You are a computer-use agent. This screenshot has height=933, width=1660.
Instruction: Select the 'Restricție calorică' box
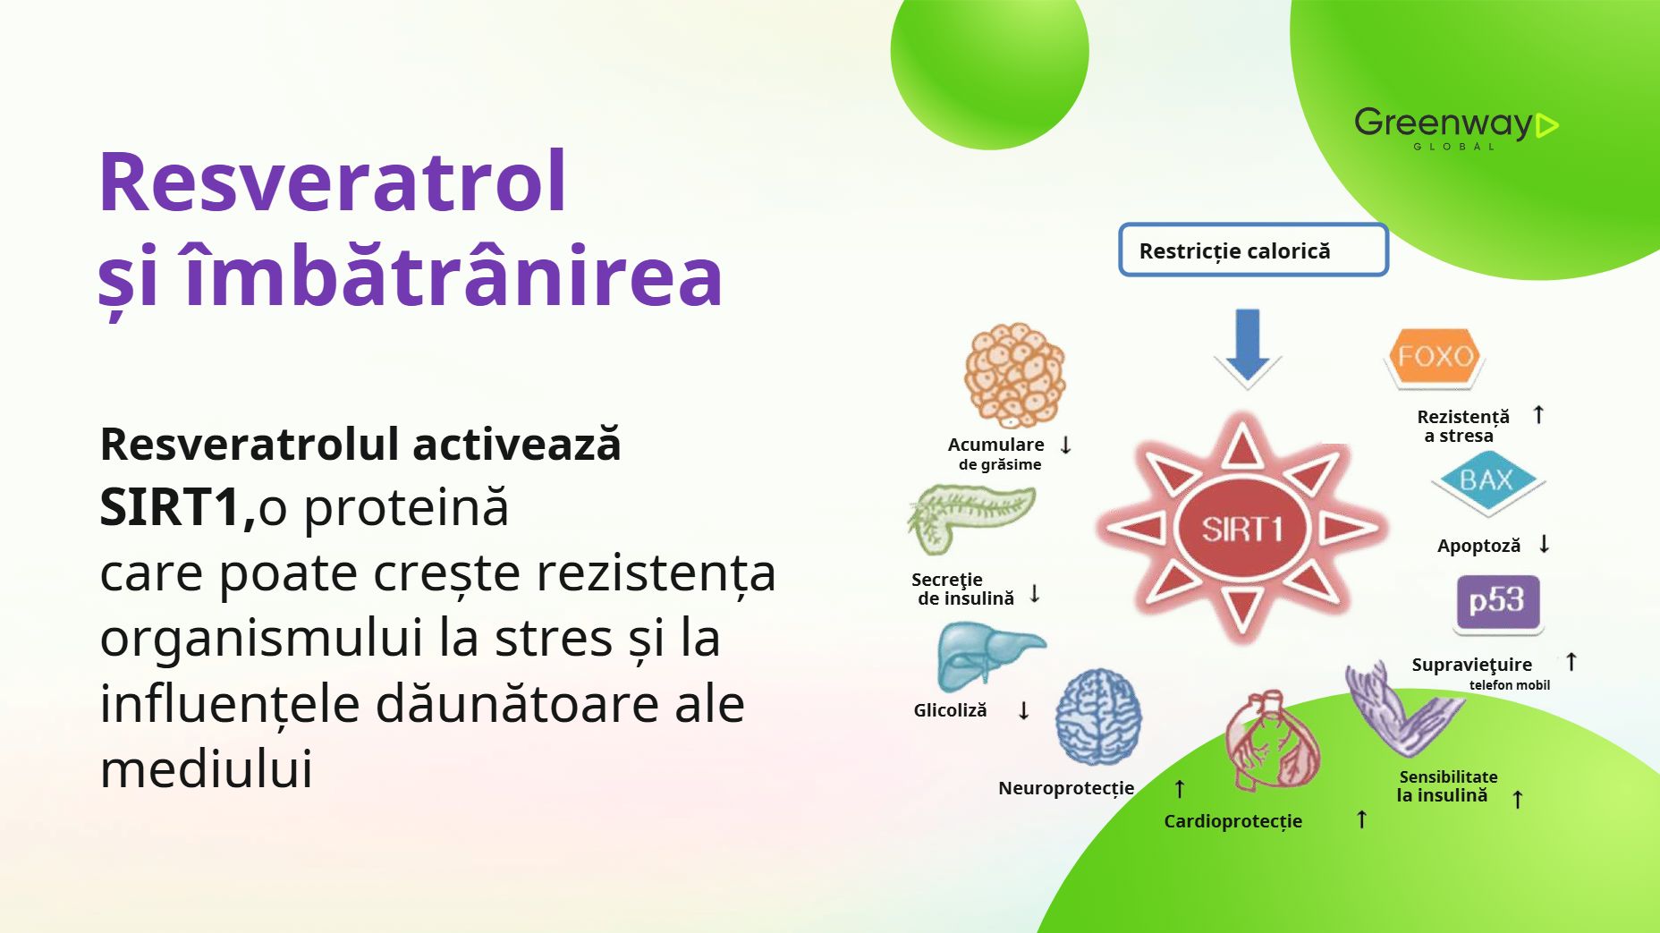tap(1253, 250)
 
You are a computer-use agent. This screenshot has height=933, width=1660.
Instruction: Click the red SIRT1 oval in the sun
tap(1242, 529)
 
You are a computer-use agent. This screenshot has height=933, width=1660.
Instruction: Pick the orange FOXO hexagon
tap(1435, 357)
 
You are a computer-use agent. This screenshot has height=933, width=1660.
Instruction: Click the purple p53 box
tap(1497, 602)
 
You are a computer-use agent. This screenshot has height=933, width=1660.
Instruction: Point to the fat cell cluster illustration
tap(1014, 376)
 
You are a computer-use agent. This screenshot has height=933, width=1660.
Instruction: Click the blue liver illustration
tap(987, 657)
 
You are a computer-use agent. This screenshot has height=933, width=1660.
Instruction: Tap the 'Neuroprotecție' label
tap(1066, 789)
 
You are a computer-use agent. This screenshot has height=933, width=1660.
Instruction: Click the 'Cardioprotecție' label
tap(1232, 822)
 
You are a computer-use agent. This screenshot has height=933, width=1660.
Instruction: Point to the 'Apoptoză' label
tap(1478, 547)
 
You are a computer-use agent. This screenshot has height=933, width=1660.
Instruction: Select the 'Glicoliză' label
tap(950, 710)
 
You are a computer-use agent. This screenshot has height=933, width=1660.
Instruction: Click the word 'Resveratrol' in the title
tap(332, 182)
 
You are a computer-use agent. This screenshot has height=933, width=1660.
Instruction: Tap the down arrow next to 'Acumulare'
tap(1065, 445)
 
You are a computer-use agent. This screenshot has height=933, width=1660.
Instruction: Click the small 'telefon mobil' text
tap(1510, 685)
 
